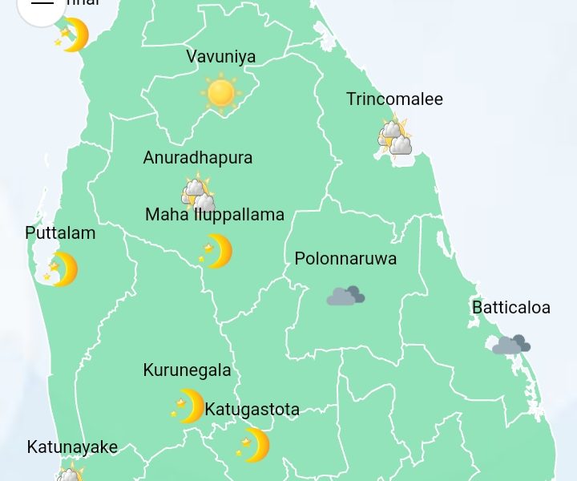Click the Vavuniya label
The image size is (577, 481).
pos(221,57)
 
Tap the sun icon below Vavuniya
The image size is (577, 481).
pos(220,93)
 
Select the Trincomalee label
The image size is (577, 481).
pos(394,99)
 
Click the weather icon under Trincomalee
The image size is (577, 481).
pos(395,138)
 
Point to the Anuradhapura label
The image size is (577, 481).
pos(198,158)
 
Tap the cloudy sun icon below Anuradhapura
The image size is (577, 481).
pos(198,193)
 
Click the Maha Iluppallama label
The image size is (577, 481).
pos(215,215)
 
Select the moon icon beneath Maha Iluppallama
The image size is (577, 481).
pos(216,252)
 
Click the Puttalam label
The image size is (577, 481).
pos(60,233)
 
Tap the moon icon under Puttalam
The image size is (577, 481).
pos(62,269)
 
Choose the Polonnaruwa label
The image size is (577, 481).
pos(345,259)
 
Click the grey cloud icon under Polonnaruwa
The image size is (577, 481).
pos(345,296)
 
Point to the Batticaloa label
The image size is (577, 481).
pos(511,308)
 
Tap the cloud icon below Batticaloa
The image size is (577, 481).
pos(511,345)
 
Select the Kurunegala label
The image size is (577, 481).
pos(187,370)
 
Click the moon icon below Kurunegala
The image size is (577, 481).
pos(188,406)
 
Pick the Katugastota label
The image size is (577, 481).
pos(252,410)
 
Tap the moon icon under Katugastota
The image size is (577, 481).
pos(253,445)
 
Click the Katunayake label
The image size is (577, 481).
pos(72,447)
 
